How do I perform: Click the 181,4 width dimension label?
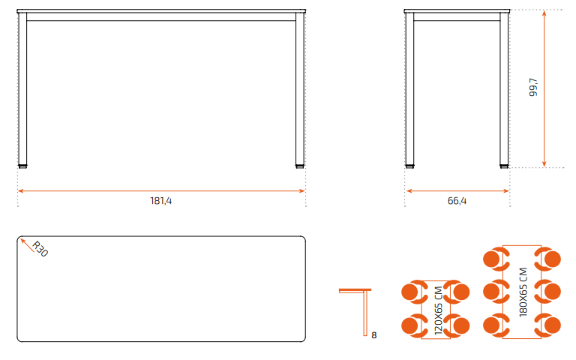pyautogui.click(x=161, y=201)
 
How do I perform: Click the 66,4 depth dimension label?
pyautogui.click(x=457, y=201)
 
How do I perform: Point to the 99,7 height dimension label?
pyautogui.click(x=533, y=87)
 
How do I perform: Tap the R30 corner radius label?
pyautogui.click(x=40, y=249)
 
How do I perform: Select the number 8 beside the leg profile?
pyautogui.click(x=374, y=335)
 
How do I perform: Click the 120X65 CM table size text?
pyautogui.click(x=439, y=310)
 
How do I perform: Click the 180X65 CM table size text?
pyautogui.click(x=523, y=292)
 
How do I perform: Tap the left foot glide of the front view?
pyautogui.click(x=22, y=166)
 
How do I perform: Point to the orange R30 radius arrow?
pyautogui.click(x=27, y=245)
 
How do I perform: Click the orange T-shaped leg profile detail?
pyautogui.click(x=365, y=312)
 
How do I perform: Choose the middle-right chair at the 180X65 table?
pyautogui.click(x=547, y=292)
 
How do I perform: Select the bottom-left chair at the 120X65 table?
pyautogui.click(x=414, y=325)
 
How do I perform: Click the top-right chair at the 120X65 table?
pyautogui.click(x=457, y=292)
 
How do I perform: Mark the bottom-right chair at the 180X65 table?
pyautogui.click(x=547, y=325)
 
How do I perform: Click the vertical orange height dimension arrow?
pyautogui.click(x=544, y=88)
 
